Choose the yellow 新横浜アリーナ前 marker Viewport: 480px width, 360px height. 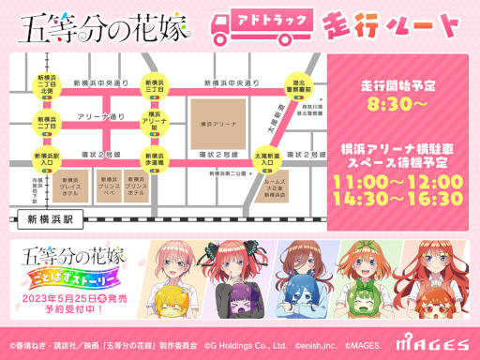(152, 122)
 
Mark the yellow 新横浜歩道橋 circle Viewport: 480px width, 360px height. (152, 157)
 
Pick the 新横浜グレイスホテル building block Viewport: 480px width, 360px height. (68, 185)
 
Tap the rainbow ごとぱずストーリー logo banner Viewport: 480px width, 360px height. (79, 290)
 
